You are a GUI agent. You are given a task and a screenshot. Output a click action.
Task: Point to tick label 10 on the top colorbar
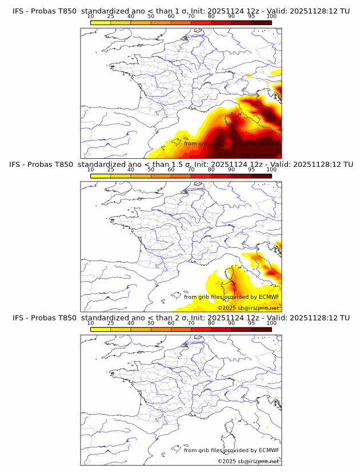[x=90, y=17]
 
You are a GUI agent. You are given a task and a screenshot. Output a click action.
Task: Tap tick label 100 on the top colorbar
[x=271, y=17]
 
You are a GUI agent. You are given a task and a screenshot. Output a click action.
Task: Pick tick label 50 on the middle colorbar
[x=151, y=170]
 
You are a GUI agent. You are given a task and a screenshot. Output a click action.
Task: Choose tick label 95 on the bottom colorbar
[x=251, y=323]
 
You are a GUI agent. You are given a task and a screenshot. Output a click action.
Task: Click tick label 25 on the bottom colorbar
[x=110, y=323]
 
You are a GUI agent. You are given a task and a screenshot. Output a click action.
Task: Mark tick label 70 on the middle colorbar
[x=191, y=170]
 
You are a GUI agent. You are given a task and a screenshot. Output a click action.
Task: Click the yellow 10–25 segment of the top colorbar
[x=101, y=22]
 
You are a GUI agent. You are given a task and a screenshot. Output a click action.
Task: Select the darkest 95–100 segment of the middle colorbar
[x=261, y=175]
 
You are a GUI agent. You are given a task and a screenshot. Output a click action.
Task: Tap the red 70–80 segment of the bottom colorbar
[x=201, y=328]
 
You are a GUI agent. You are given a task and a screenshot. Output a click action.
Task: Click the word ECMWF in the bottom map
[x=269, y=450]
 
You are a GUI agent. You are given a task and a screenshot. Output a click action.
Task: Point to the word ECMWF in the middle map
[x=269, y=297]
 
